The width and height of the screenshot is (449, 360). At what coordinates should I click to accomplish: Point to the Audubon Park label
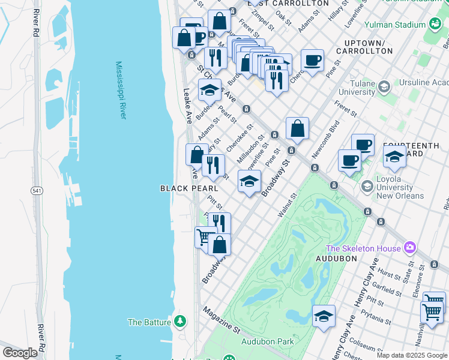tap(267, 341)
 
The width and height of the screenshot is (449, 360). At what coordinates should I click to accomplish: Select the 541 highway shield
tap(37, 190)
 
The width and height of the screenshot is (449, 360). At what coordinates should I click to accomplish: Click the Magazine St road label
tap(221, 321)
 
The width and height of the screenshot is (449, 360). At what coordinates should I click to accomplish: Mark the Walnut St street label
tap(288, 205)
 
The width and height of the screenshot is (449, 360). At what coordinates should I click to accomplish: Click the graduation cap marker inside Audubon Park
tap(324, 316)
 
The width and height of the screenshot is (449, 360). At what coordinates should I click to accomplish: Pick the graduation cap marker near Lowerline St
tap(249, 182)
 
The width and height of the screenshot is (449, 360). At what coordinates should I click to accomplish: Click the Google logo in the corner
tap(20, 353)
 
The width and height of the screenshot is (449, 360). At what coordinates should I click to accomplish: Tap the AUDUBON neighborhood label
tap(336, 259)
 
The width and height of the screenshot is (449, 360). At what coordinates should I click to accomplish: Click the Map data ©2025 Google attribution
tap(412, 355)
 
